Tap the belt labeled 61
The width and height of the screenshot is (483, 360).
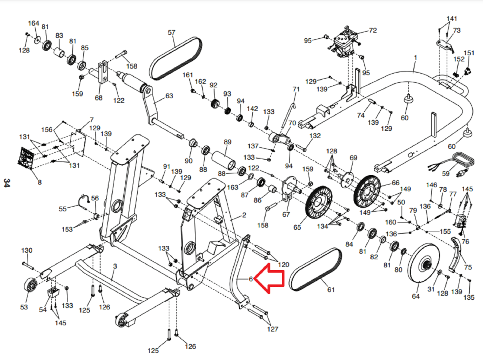click(x=315, y=269)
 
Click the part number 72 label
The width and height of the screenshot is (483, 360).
click(x=373, y=30)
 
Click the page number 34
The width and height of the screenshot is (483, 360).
click(x=7, y=183)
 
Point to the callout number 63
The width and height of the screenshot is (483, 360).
click(x=169, y=96)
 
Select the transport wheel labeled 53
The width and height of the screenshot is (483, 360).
click(x=30, y=285)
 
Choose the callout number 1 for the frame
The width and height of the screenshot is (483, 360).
click(x=416, y=57)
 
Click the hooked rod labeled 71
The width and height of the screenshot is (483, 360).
click(x=289, y=115)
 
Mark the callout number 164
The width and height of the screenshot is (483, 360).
click(x=34, y=23)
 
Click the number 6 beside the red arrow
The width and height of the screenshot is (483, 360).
click(x=251, y=279)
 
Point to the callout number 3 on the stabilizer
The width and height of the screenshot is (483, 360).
click(x=115, y=266)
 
